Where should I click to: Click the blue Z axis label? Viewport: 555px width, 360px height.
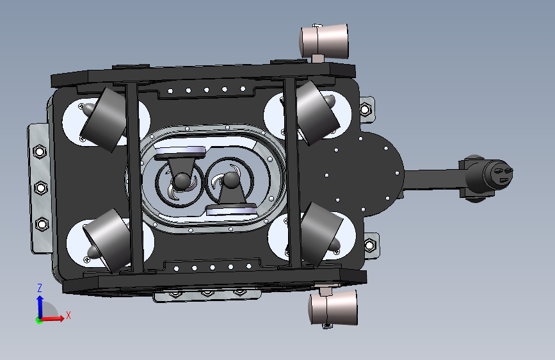click(x=40, y=288)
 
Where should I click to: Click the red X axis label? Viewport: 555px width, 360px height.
click(x=68, y=315)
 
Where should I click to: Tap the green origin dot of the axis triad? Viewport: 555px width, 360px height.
click(x=39, y=320)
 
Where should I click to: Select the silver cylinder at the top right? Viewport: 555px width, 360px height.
click(x=324, y=41)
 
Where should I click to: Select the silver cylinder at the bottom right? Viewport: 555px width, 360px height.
click(x=334, y=307)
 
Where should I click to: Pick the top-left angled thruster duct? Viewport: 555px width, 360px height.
click(x=104, y=119)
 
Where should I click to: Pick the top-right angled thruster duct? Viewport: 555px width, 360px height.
click(x=317, y=113)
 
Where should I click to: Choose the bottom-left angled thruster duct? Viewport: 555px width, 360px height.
click(x=108, y=241)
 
